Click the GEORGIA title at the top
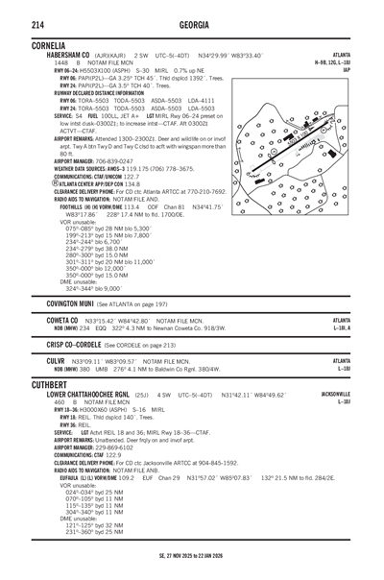click(x=193, y=22)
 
